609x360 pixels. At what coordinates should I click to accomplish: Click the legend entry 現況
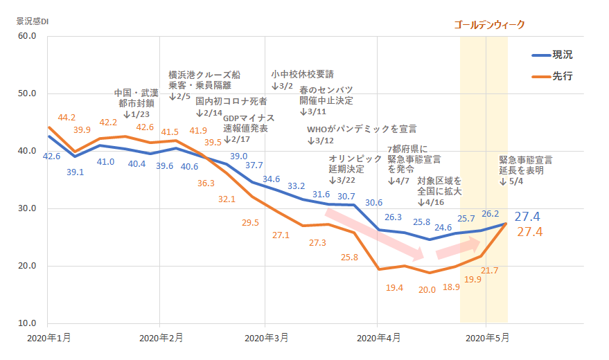[x=562, y=55]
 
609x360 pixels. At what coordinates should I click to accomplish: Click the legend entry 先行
[x=562, y=76]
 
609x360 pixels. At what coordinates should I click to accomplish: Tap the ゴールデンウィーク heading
[x=489, y=24]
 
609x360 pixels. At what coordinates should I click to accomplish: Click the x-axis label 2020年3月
[x=267, y=339]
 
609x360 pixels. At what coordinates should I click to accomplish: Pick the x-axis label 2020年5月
[x=486, y=339]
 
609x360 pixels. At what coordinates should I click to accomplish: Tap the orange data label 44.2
[x=67, y=118]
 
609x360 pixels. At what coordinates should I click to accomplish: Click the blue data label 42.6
[x=51, y=156]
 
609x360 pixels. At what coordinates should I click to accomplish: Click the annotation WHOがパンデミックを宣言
[x=361, y=129]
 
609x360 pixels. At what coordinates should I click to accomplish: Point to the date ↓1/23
[x=136, y=114]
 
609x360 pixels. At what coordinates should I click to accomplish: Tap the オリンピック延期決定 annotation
[x=355, y=164]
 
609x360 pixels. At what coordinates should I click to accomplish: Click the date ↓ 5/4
[x=513, y=181]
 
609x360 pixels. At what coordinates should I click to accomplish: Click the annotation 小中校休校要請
[x=303, y=74]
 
